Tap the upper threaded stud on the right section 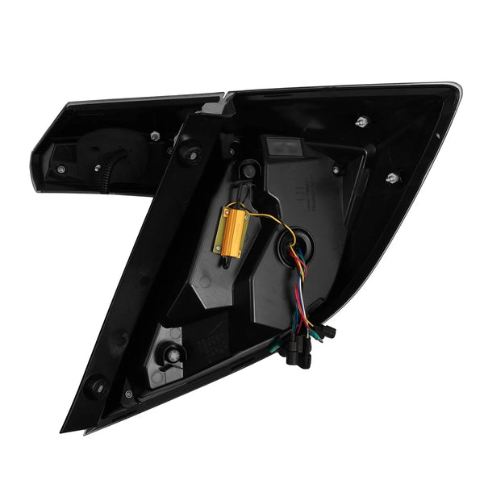pos(359,122)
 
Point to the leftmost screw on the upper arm pos(61,169)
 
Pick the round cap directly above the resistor pos(251,169)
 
